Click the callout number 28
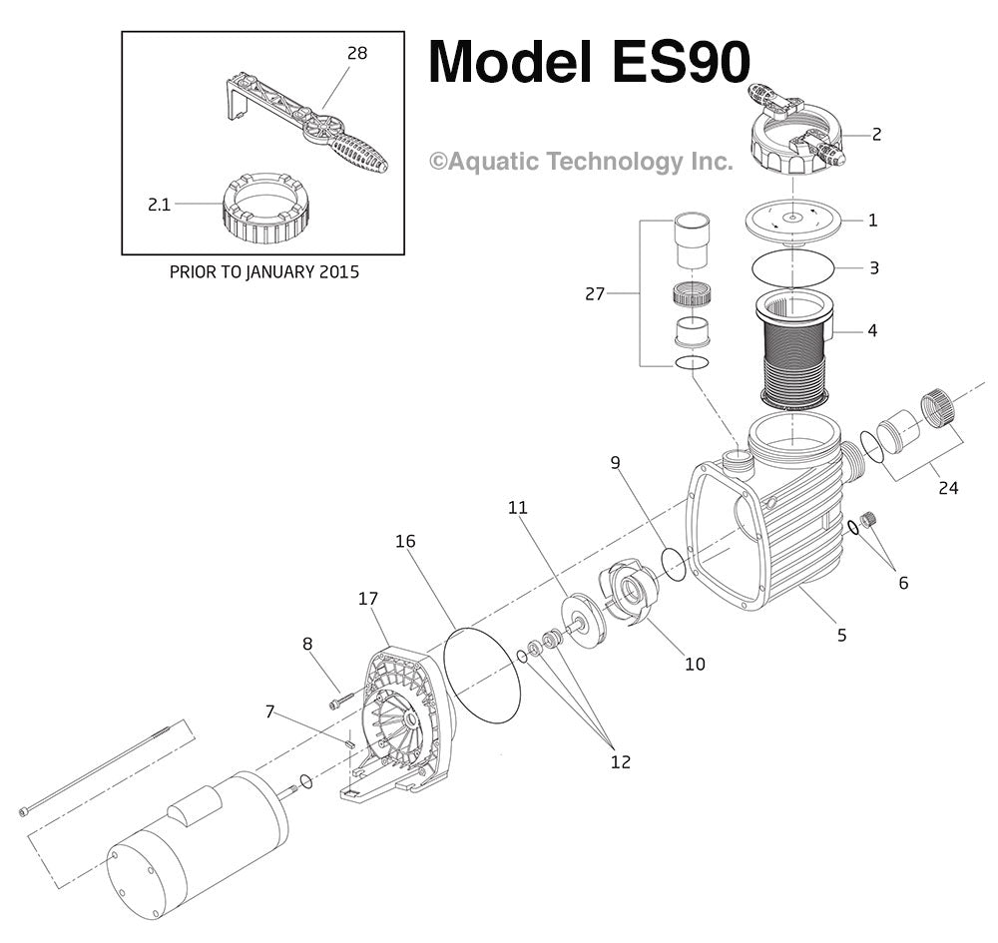(356, 53)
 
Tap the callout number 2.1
(160, 205)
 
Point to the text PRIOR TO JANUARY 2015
(263, 271)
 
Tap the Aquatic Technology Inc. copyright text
(581, 162)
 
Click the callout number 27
(595, 293)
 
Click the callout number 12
(620, 762)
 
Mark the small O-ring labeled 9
(674, 562)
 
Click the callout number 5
(841, 634)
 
